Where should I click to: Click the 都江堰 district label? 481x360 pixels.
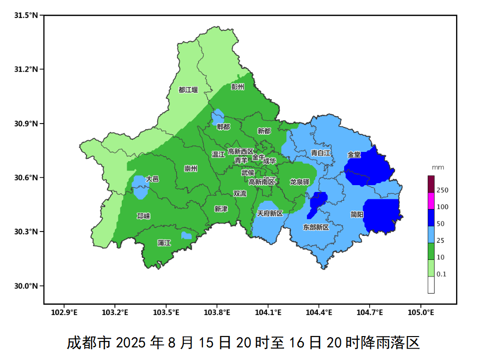point(188,90)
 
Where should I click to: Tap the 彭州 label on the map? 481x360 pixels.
point(238,87)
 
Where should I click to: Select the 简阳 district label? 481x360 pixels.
point(357,214)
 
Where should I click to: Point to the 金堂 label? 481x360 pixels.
point(354,154)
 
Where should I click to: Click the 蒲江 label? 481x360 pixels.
point(164,243)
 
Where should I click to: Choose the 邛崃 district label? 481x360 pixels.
point(144,216)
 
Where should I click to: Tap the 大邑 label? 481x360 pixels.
point(152,179)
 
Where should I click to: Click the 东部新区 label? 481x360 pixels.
point(316,228)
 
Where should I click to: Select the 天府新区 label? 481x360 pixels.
point(270,214)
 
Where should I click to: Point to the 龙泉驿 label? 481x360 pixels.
point(300,182)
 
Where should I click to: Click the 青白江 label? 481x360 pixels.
point(321,153)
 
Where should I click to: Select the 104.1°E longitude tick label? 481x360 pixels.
point(268,312)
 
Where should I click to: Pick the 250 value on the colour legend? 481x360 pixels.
point(442,190)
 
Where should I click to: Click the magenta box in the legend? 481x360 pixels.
point(431,201)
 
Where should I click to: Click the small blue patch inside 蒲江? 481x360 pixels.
point(186,235)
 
